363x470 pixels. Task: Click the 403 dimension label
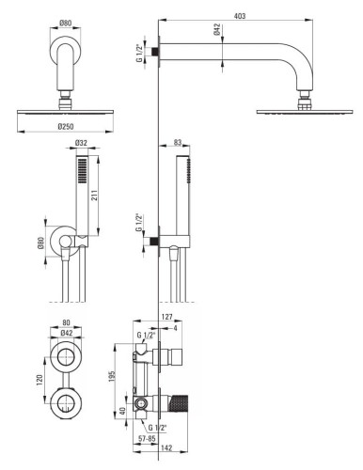[x=239, y=16]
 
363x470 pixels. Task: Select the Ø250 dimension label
[x=66, y=126]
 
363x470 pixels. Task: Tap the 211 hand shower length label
[x=94, y=195]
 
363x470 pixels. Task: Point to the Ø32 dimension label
[x=81, y=143]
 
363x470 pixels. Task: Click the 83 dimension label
[x=178, y=142]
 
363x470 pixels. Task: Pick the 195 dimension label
[x=112, y=376]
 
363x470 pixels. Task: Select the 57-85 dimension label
[x=148, y=439]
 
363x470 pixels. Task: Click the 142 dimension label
[x=166, y=448]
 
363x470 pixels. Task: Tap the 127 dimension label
[x=166, y=317]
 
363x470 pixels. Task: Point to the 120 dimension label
[x=39, y=380]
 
